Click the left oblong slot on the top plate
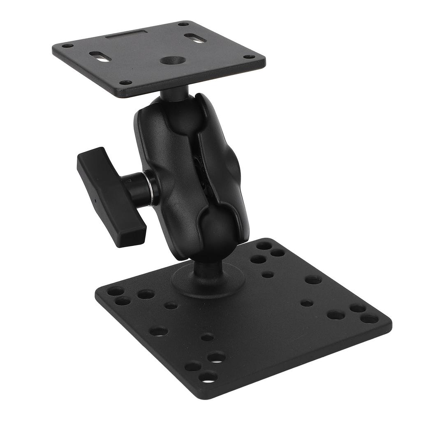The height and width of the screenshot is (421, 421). click(100, 56)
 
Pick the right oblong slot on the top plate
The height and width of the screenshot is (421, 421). click(195, 38)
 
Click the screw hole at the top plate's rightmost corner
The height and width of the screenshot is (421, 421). click(249, 57)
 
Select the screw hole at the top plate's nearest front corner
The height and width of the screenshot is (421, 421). click(125, 82)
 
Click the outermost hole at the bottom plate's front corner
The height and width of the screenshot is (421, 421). click(208, 376)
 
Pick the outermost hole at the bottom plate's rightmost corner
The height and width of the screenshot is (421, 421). click(369, 319)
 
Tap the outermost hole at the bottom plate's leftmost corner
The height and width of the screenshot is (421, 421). click(115, 291)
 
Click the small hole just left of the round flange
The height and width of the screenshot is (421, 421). click(171, 305)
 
